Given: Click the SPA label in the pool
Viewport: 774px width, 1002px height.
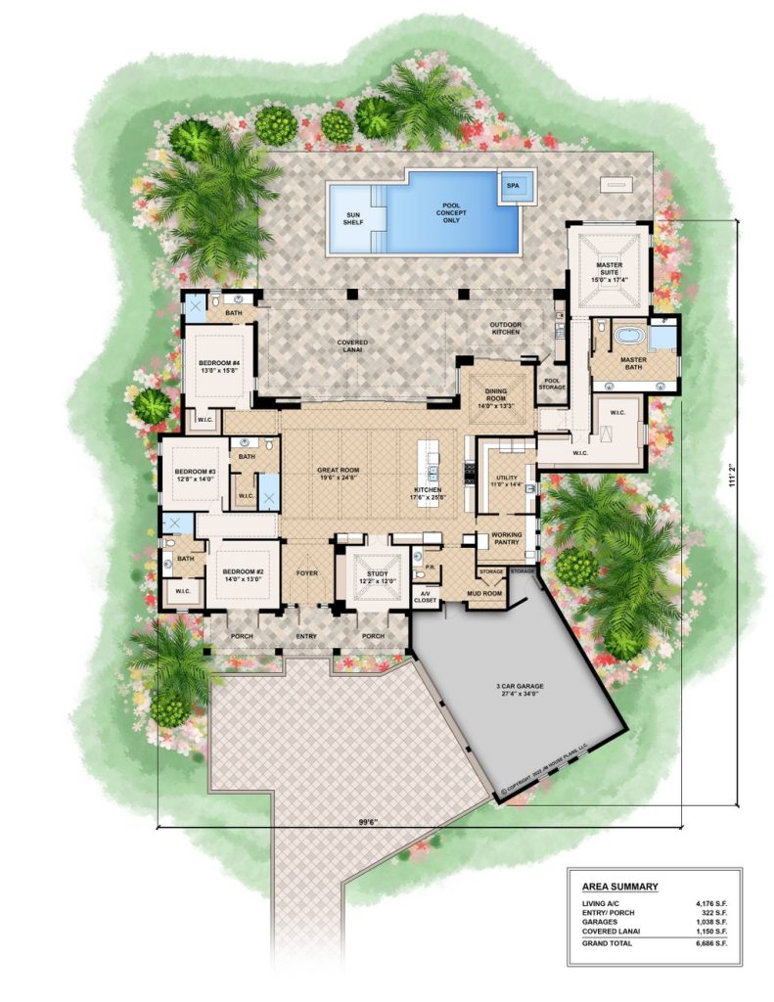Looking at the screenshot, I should (x=513, y=184).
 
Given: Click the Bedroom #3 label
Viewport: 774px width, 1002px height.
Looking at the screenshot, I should (x=197, y=475).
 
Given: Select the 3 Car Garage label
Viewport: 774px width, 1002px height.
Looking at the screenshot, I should (x=519, y=688).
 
